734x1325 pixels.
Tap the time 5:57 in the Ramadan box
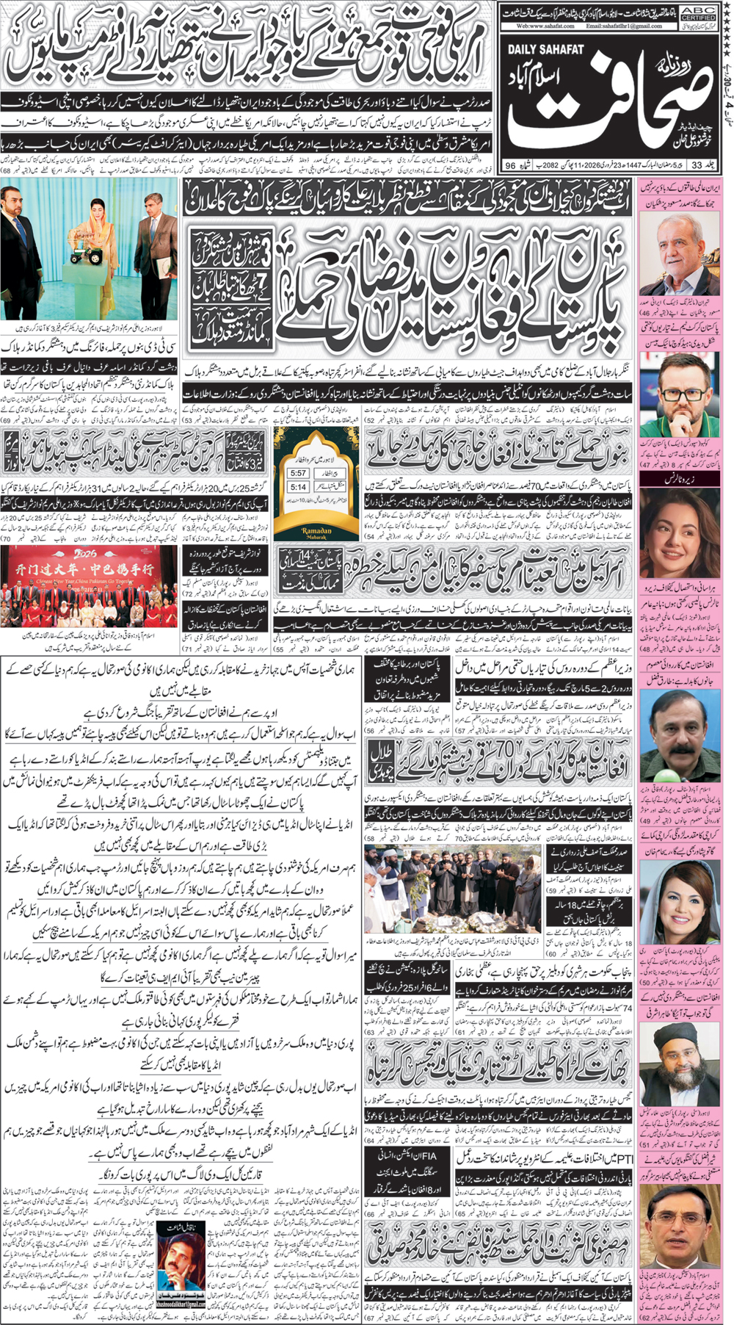tap(298, 473)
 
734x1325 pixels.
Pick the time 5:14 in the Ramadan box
tap(298, 486)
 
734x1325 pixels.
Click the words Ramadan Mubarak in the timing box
tap(316, 532)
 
